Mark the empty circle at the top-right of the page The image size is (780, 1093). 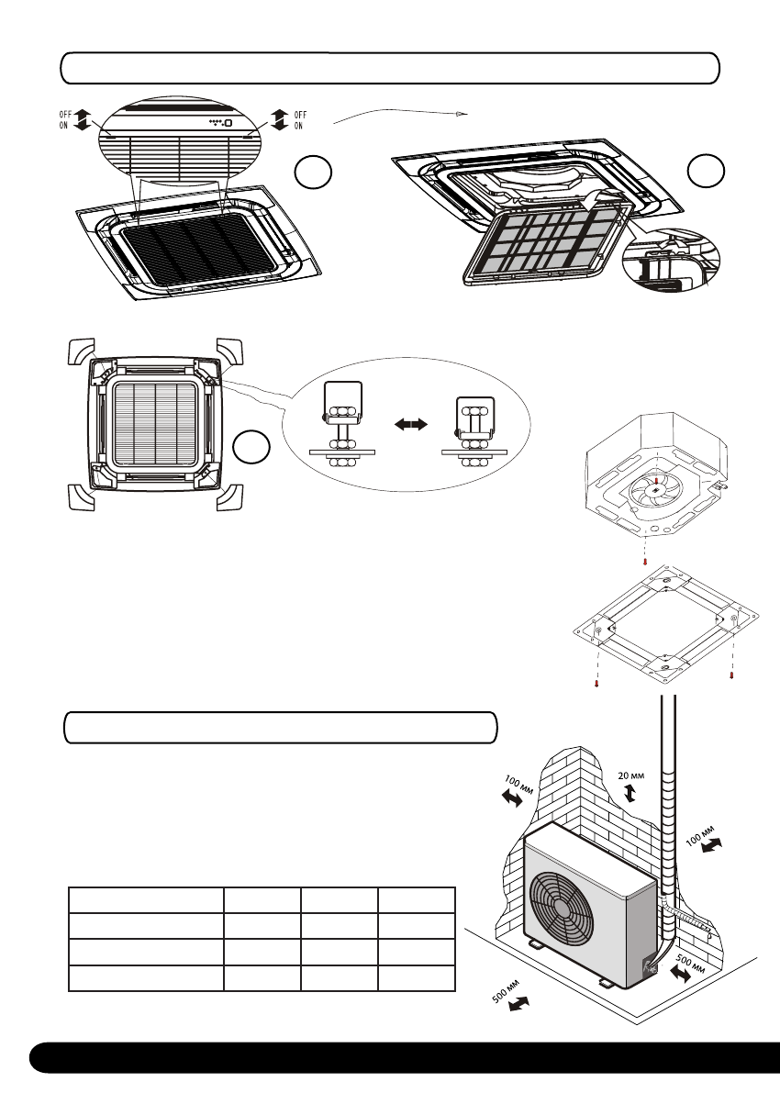click(x=706, y=172)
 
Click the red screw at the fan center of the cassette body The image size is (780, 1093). click(x=658, y=478)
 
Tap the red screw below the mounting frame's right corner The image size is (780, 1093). click(x=730, y=675)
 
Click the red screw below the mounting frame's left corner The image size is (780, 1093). click(x=597, y=684)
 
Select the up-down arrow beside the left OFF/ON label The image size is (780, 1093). click(x=83, y=119)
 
